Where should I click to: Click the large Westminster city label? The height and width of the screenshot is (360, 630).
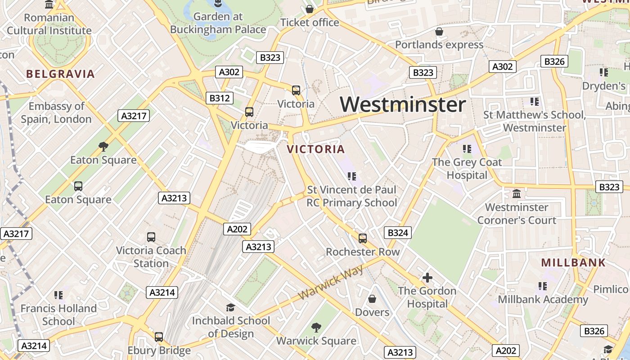(403, 105)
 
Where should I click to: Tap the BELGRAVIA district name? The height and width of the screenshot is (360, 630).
(60, 74)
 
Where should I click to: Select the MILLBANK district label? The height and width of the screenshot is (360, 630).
(573, 263)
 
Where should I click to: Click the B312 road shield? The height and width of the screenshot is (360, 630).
(220, 98)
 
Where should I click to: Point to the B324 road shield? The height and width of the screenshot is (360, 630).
(397, 232)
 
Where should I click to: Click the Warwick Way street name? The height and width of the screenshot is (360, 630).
(331, 282)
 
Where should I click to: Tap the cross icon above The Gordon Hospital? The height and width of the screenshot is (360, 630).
(427, 278)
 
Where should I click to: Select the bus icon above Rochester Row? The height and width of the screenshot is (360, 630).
(362, 238)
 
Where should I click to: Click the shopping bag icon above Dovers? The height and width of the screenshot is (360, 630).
(372, 299)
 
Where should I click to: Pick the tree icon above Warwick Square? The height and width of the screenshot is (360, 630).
(316, 327)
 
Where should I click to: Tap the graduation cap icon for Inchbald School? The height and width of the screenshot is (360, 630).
(230, 307)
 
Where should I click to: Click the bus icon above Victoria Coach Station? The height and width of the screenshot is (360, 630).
(151, 237)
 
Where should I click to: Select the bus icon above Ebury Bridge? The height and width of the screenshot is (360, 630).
(159, 337)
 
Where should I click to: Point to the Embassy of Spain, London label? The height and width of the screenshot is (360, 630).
(56, 113)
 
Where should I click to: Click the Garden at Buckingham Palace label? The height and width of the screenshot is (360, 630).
(218, 23)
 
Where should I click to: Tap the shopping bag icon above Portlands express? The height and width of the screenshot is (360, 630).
(439, 31)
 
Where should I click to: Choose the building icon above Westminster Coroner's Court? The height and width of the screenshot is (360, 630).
(517, 194)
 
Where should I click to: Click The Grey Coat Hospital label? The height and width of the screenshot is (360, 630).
(467, 169)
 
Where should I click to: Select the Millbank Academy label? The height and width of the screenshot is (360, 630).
(543, 299)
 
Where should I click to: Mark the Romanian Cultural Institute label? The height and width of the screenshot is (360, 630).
(49, 24)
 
